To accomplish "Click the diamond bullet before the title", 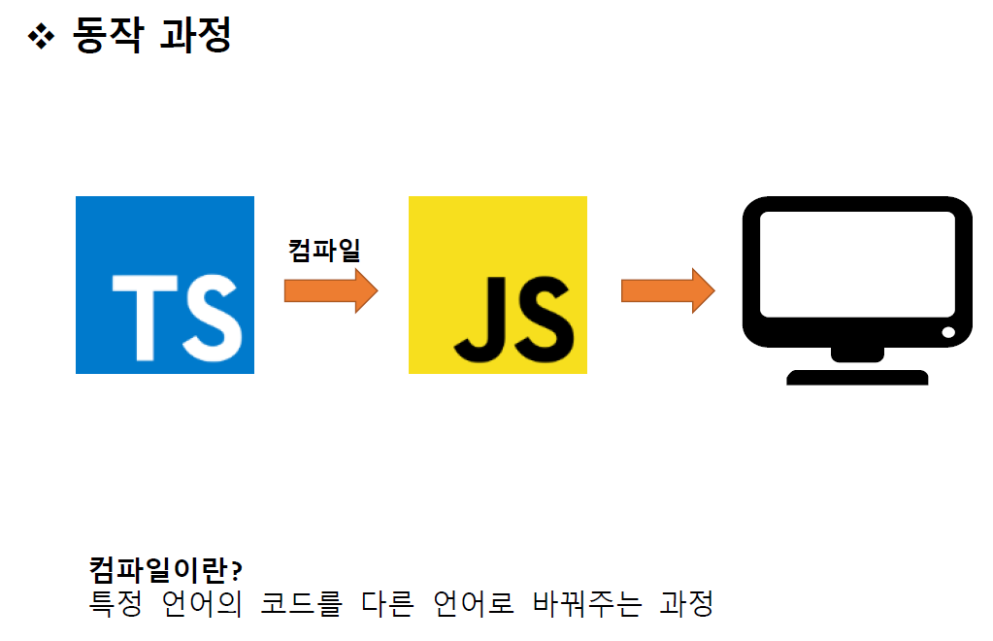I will pyautogui.click(x=43, y=37).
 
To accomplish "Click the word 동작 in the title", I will pyautogui.click(x=110, y=36).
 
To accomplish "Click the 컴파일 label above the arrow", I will pyautogui.click(x=324, y=251).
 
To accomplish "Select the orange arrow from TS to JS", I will pyautogui.click(x=330, y=290).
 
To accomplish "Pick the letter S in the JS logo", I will pyautogui.click(x=540, y=316).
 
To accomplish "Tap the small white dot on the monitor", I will pyautogui.click(x=948, y=333).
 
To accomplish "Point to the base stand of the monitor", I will pyautogui.click(x=857, y=377).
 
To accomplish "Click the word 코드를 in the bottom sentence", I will pyautogui.click(x=302, y=603).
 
